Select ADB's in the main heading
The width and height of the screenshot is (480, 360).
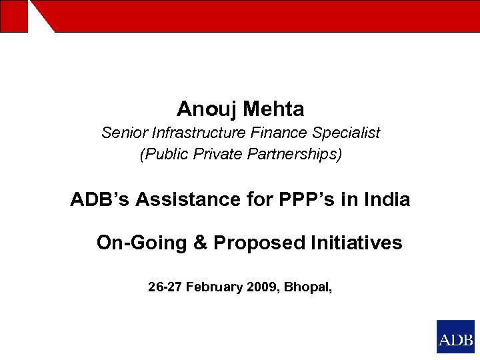pos(100,199)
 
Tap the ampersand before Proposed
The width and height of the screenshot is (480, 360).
pos(200,243)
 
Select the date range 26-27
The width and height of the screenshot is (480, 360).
pos(165,287)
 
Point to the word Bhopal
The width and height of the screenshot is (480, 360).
pos(308,288)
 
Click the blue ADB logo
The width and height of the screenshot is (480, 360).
pos(455,337)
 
